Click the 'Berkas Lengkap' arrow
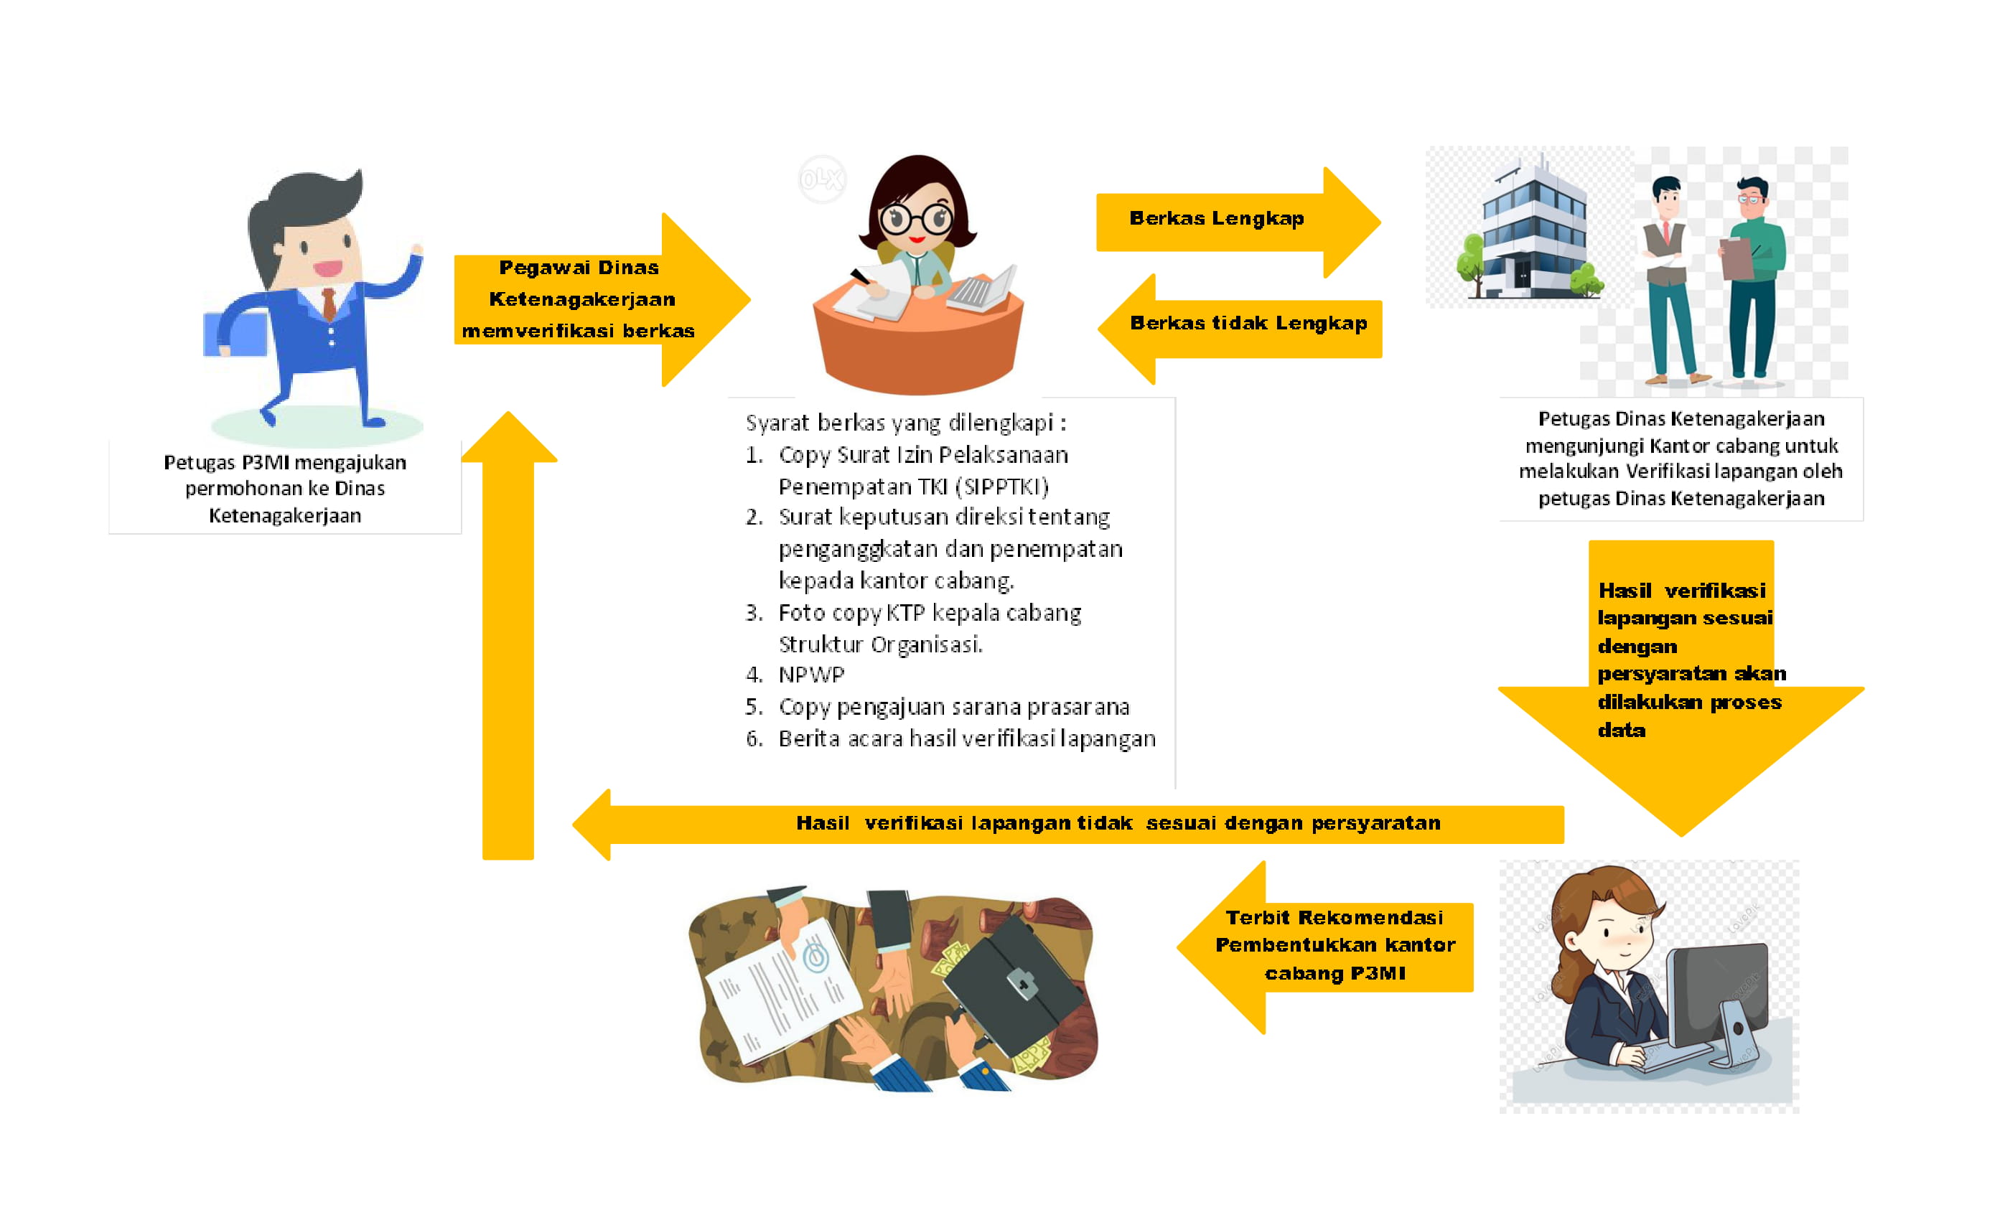pyautogui.click(x=1224, y=220)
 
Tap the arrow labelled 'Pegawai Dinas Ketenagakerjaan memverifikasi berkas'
pyautogui.click(x=587, y=299)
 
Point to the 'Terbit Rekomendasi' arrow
pyautogui.click(x=1329, y=946)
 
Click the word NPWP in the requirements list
pyautogui.click(x=811, y=675)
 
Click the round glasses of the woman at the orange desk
pyautogui.click(x=916, y=219)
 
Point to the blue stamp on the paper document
pyautogui.click(x=815, y=956)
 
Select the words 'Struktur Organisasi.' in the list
pyautogui.click(x=880, y=644)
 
